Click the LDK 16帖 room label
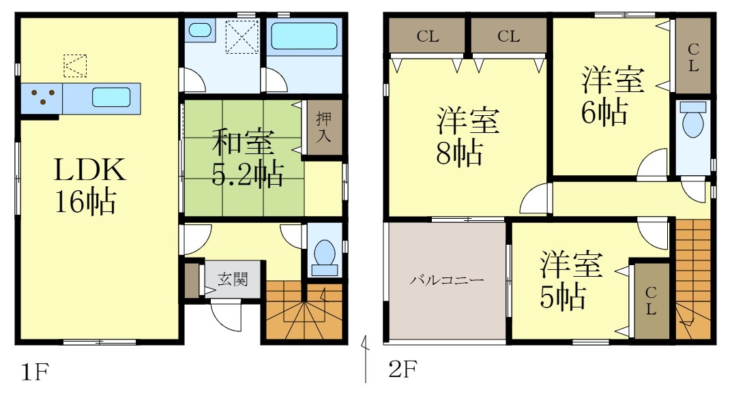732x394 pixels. click(x=90, y=185)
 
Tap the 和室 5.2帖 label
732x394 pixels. click(x=246, y=160)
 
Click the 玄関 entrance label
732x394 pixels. click(x=233, y=279)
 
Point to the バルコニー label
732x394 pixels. click(x=447, y=280)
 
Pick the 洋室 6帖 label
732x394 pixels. click(x=611, y=95)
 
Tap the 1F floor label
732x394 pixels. click(x=33, y=372)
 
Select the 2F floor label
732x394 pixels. click(x=402, y=370)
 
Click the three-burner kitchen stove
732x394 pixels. click(x=42, y=98)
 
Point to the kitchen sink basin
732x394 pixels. click(x=111, y=97)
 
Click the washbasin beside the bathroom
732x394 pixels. click(x=200, y=30)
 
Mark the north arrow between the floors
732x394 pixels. click(x=366, y=358)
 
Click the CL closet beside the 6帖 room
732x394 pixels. click(x=692, y=57)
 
